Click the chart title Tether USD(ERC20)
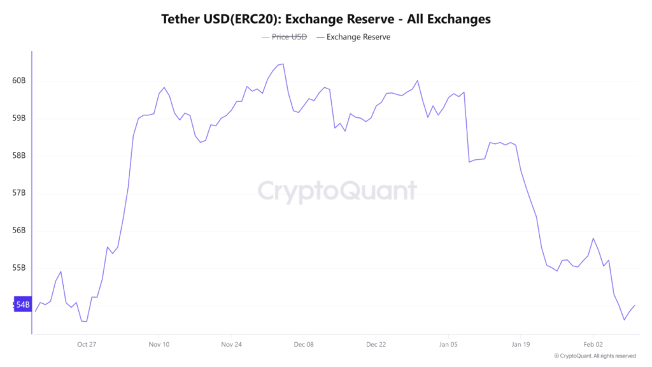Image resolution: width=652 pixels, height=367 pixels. [325, 19]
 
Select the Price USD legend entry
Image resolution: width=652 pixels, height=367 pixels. [289, 37]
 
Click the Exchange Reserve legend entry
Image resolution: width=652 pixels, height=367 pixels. [358, 37]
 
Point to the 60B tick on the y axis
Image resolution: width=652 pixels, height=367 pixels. [19, 81]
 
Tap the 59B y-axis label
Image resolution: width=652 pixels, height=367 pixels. [19, 119]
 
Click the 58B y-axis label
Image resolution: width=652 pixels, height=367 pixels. [19, 155]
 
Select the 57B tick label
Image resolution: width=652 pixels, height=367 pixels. [19, 193]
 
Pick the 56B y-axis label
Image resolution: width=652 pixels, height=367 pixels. [19, 231]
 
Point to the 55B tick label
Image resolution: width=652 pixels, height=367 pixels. [19, 268]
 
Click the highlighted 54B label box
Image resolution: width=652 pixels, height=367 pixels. [22, 305]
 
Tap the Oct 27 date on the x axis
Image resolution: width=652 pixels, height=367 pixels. [86, 344]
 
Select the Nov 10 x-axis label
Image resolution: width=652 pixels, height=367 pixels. [159, 344]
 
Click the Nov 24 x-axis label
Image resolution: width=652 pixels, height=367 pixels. [231, 344]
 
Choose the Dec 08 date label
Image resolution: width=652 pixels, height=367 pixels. [304, 344]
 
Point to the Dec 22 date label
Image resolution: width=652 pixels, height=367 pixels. [376, 344]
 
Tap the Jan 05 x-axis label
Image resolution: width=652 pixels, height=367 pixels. [448, 344]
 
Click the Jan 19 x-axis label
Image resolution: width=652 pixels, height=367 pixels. [520, 344]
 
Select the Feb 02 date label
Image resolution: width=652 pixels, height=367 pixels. [593, 344]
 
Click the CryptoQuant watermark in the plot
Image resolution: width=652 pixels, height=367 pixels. [337, 191]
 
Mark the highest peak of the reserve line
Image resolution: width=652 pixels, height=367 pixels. [283, 64]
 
